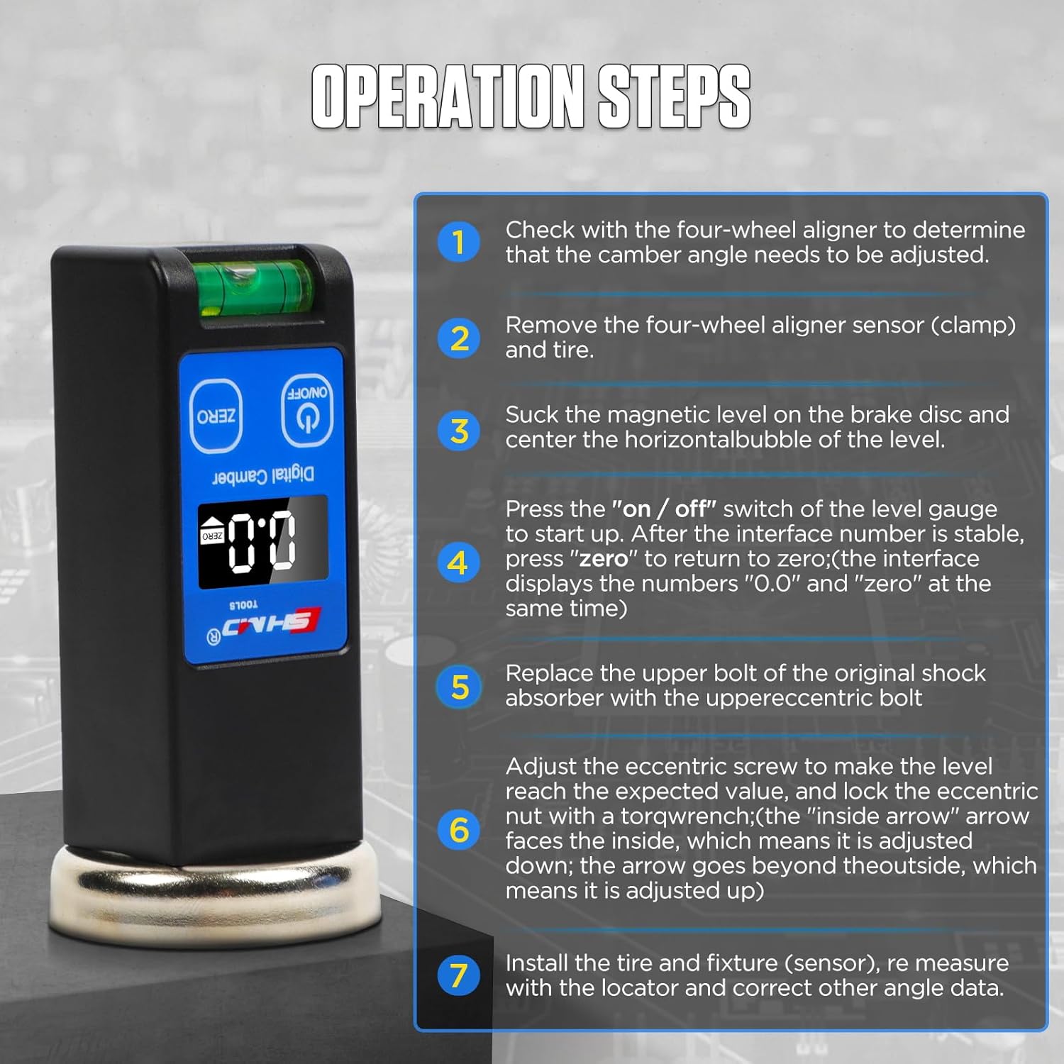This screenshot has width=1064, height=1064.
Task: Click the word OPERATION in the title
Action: tap(448, 96)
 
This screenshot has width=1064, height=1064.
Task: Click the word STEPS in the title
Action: tap(674, 96)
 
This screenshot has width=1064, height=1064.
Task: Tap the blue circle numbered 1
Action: tap(459, 241)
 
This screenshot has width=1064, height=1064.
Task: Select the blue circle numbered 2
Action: tap(459, 338)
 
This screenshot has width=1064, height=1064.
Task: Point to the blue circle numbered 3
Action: tap(459, 431)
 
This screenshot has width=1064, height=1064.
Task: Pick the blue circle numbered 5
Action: tap(459, 687)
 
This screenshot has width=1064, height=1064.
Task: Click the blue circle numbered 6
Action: tap(459, 829)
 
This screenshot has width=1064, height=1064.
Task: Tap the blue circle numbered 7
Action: tap(459, 975)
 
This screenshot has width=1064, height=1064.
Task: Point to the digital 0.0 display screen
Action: tap(262, 543)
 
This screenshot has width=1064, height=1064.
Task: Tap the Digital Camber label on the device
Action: tap(263, 475)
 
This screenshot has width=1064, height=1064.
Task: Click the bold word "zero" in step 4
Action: tap(604, 558)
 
